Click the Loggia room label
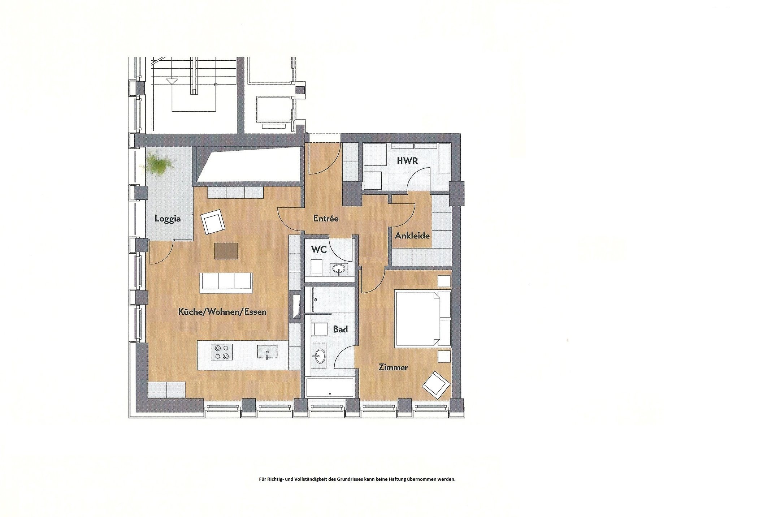[168, 219]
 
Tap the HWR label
[407, 161]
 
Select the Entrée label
[326, 219]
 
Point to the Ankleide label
[412, 236]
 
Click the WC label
[319, 249]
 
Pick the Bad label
[341, 329]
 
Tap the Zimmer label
[393, 367]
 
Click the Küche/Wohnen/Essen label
[222, 312]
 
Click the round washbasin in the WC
[339, 269]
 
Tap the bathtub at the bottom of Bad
[330, 388]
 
